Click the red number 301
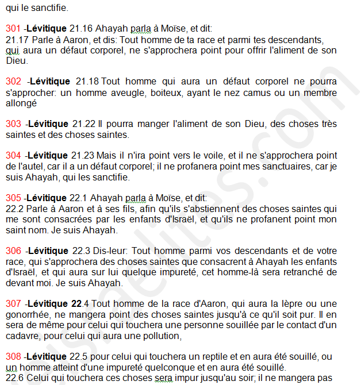pos(13,28)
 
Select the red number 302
pos(13,82)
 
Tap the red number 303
pos(13,124)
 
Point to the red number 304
pos(13,156)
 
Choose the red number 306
pos(13,251)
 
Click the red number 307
pos(13,303)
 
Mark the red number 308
pos(13,356)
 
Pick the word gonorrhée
pos(27,314)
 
